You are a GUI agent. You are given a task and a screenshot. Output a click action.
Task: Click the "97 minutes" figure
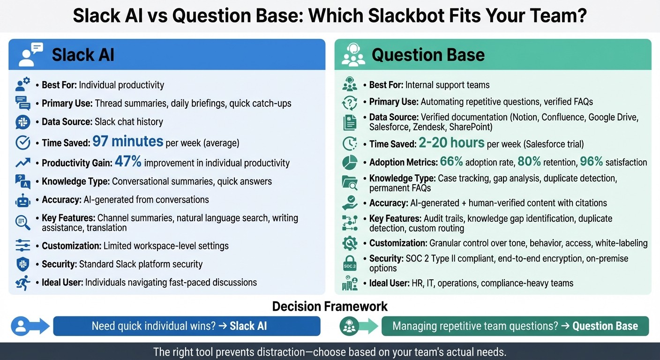127,141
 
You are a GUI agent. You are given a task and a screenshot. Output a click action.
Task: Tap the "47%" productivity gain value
128,162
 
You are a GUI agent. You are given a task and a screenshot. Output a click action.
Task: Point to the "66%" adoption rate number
451,162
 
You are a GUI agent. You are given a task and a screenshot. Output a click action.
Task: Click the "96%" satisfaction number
591,162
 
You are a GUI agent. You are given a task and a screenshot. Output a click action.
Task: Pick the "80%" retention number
529,162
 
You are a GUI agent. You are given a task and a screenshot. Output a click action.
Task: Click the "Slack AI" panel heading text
83,55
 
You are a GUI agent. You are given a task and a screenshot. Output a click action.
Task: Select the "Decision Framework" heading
330,307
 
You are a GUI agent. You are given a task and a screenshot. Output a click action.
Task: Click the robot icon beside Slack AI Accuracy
22,200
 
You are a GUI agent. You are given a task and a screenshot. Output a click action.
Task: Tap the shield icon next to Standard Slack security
22,264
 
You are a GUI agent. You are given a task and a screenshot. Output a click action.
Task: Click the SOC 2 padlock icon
350,263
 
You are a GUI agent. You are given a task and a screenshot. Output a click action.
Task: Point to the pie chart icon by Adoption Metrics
350,162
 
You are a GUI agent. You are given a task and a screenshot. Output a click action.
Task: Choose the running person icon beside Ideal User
22,283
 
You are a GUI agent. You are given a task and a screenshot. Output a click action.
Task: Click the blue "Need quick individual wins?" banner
187,326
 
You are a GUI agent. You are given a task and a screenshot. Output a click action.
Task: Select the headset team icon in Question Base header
352,55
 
